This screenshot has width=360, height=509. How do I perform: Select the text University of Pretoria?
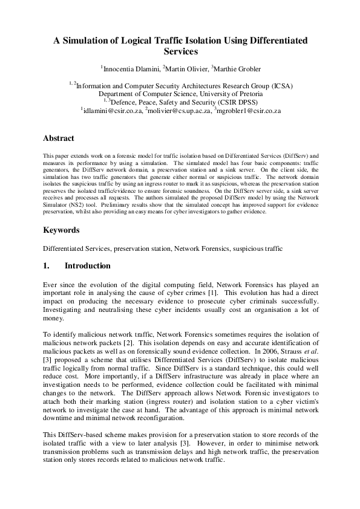(227, 94)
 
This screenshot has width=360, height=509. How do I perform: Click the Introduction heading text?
(88, 265)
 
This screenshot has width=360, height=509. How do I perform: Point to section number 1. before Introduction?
(47, 265)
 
